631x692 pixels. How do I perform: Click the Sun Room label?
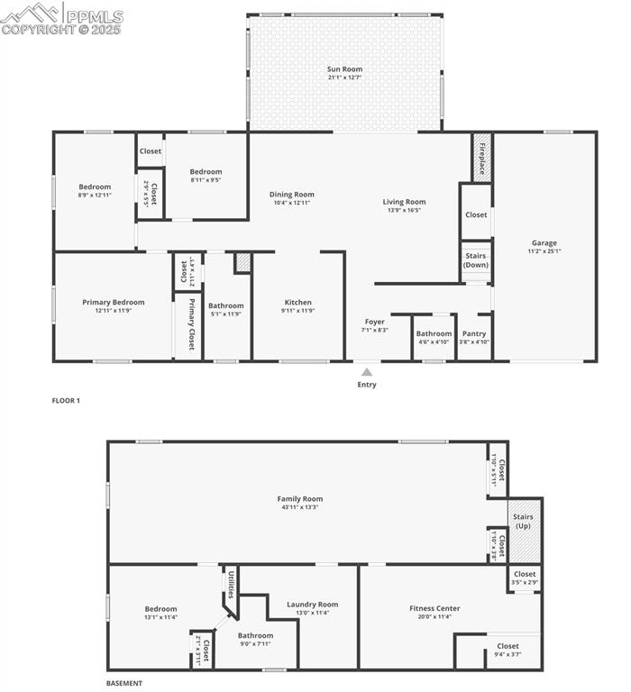(x=344, y=69)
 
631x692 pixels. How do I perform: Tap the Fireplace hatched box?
(x=482, y=159)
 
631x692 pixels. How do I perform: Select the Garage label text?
(x=544, y=242)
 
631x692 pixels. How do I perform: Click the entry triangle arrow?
(x=366, y=371)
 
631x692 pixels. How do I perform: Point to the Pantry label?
(x=474, y=333)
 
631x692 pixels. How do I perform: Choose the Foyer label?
(x=375, y=322)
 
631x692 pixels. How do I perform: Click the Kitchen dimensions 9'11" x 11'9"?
(x=298, y=311)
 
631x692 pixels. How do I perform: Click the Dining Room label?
(x=292, y=194)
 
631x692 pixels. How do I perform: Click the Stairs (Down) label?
(x=476, y=260)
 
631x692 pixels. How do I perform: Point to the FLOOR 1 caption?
(x=66, y=400)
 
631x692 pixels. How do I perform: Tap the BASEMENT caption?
(x=124, y=683)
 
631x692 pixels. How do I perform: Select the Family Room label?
(x=299, y=498)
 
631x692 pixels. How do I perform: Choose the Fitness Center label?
(x=434, y=608)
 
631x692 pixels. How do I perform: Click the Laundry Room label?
(x=313, y=605)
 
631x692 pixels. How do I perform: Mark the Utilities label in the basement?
(x=231, y=584)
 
